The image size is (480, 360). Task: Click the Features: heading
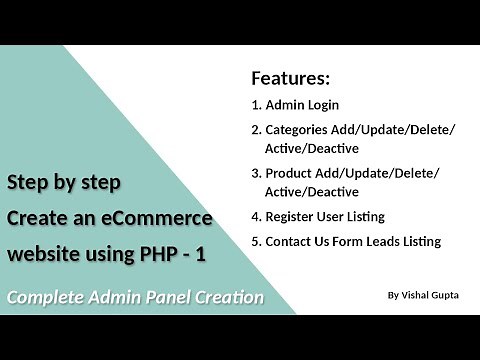coord(290,79)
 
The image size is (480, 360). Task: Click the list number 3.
coord(255,173)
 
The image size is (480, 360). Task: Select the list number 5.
coord(255,241)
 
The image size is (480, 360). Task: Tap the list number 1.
coord(255,105)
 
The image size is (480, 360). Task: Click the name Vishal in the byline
coord(418,296)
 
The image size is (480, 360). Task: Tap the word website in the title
coord(39,254)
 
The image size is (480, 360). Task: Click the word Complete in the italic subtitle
coord(47,297)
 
